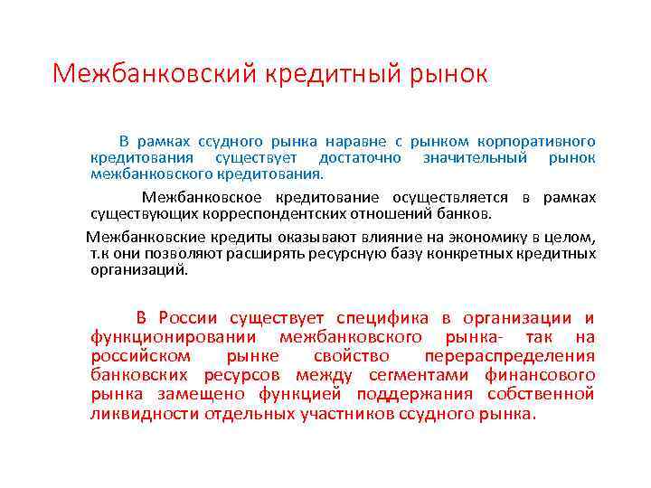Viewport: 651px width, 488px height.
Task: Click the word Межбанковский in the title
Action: click(x=155, y=74)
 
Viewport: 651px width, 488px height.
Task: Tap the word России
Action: click(x=188, y=318)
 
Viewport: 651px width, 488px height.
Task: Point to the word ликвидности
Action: click(x=146, y=414)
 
